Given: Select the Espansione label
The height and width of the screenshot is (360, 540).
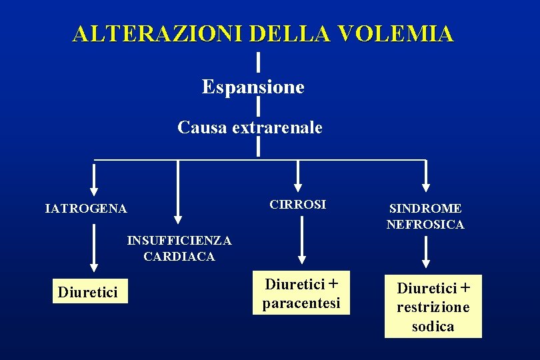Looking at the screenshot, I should (x=253, y=87).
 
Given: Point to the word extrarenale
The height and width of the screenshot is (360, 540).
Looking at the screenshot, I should (x=277, y=127).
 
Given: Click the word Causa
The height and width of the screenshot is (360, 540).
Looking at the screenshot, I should (x=203, y=127).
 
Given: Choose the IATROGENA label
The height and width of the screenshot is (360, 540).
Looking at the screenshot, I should (x=85, y=209).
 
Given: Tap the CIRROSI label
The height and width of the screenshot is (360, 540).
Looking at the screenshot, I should (x=298, y=205).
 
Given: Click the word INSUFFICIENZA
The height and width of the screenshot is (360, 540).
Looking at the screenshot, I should (x=179, y=240).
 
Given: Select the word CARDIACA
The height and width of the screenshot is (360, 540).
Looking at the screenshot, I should (x=179, y=256).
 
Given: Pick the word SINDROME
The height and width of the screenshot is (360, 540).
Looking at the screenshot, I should (x=425, y=209).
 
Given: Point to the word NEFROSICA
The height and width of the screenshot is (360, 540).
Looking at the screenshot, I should (x=425, y=225).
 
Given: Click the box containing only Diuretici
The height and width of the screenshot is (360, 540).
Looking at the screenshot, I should (x=89, y=292).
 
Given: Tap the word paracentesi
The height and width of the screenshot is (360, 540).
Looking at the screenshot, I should (x=301, y=303).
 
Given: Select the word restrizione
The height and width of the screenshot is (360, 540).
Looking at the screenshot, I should (x=433, y=307).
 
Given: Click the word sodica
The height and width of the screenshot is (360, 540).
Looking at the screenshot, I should (x=433, y=326).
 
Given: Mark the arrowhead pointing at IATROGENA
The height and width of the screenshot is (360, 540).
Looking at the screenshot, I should (x=94, y=188).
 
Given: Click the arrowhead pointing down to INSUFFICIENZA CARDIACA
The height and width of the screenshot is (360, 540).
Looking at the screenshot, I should (x=177, y=217).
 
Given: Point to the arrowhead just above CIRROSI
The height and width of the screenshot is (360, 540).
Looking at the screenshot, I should (x=298, y=187).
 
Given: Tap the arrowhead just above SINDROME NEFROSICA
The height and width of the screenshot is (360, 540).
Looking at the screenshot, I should (x=426, y=187).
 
